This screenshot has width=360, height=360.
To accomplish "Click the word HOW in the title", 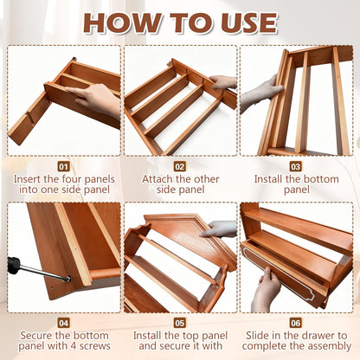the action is pos(121,22).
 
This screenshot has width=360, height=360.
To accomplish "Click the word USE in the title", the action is pos(248,22).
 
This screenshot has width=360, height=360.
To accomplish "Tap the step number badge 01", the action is pos(63,166).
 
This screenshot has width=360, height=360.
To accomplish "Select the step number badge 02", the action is pos(179,166).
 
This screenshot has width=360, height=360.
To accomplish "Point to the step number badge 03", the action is pos(296,166).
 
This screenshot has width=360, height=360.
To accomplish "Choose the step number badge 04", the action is pos(63,323).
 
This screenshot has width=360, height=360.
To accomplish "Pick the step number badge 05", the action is pos(179,323).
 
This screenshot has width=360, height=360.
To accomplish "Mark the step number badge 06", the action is pos(296,323).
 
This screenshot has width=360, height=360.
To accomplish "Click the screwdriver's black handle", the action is pos(15,265).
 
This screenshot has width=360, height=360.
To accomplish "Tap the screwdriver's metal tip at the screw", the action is pos(68,279).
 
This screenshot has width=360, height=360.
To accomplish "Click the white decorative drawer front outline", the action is pos(278,273).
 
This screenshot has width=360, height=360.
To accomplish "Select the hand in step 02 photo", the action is pos(222,82).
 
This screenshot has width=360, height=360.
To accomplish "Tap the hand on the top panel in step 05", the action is pos(219,229).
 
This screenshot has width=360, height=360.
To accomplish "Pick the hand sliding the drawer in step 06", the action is pos(266,290).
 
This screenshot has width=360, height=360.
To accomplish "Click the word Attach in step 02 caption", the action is pos(157,179).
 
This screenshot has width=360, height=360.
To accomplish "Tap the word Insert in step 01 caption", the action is pos(27,179).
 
